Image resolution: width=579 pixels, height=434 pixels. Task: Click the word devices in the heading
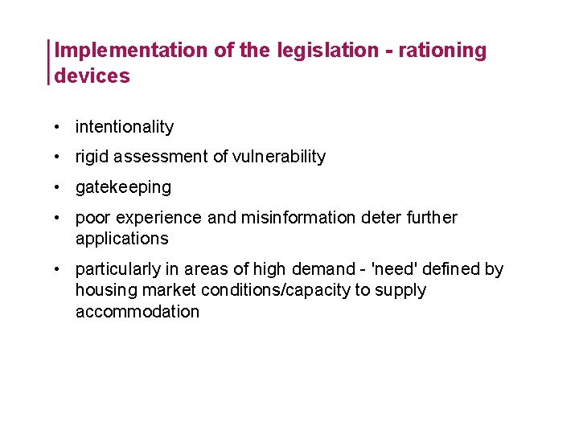click(92, 76)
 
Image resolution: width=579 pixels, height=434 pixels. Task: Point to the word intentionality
click(125, 127)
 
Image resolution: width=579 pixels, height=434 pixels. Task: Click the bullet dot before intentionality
click(60, 127)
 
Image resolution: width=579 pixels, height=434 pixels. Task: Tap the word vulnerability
click(279, 157)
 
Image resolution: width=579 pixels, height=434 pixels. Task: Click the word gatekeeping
click(123, 187)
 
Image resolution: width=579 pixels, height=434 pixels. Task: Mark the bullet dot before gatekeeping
click(60, 187)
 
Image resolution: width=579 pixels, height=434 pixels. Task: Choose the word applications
click(122, 239)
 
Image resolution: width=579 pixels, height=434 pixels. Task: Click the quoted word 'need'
click(390, 269)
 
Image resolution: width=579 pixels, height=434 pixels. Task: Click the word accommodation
click(138, 311)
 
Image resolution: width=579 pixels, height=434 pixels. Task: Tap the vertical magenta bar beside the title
click(50, 62)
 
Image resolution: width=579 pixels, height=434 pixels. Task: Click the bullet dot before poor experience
click(60, 218)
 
